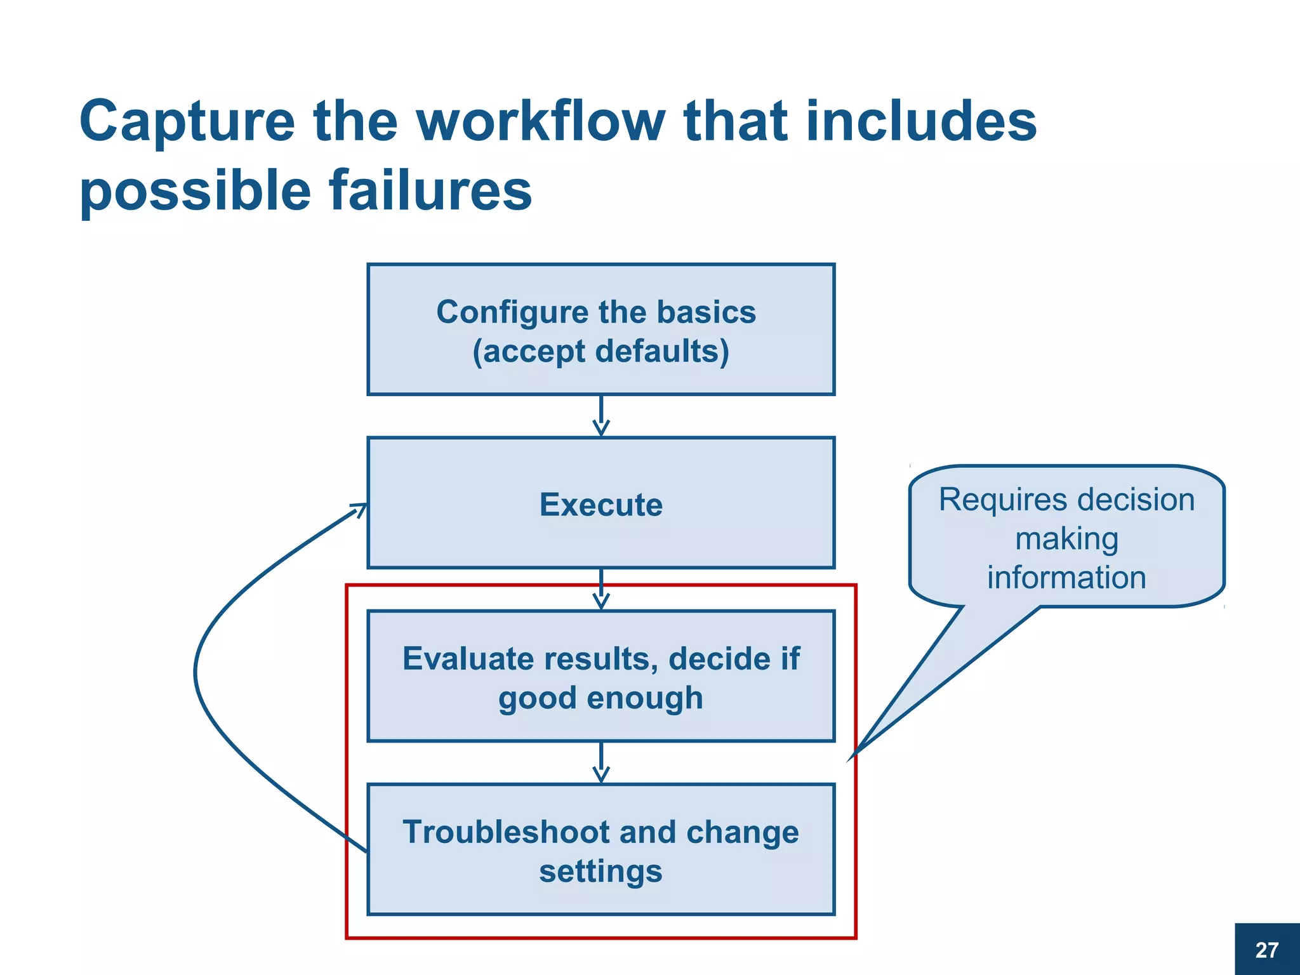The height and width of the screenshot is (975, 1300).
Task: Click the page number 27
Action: pos(1266,950)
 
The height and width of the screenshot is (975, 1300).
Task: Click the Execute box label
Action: pos(600,505)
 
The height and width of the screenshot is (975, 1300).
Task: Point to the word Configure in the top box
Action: pos(512,313)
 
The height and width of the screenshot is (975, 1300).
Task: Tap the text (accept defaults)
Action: pos(600,352)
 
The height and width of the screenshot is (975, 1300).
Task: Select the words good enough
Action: pos(600,698)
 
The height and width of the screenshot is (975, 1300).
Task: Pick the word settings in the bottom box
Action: pos(600,871)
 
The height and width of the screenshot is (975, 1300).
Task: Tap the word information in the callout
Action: pos(1066,578)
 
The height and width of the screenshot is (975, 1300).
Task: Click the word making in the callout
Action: pos(1066,539)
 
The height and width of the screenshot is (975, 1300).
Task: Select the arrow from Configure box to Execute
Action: pos(600,416)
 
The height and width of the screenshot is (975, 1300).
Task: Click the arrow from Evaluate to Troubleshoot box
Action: pos(600,762)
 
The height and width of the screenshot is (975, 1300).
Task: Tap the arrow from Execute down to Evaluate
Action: pos(600,589)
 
